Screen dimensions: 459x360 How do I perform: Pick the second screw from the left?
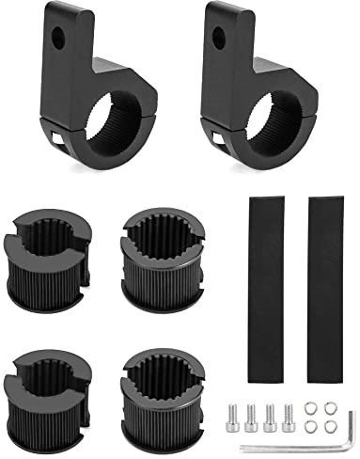coord(250,417)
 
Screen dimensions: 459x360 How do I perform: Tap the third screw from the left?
coord(266,417)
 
